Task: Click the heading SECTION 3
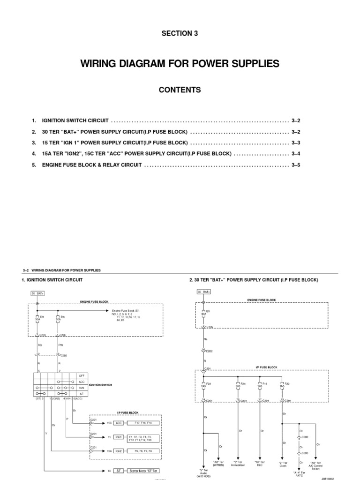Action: pyautogui.click(x=180, y=33)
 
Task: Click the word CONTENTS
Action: pyautogui.click(x=180, y=90)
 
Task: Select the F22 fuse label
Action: pyautogui.click(x=286, y=383)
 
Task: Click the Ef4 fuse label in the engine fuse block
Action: pyautogui.click(x=42, y=316)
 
